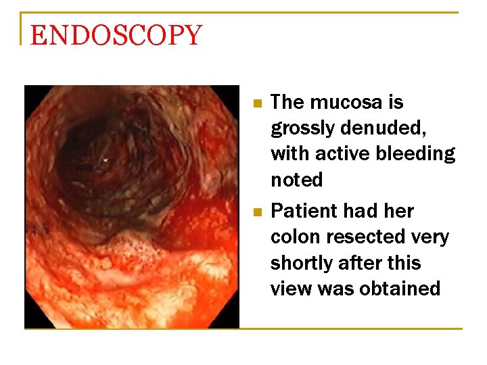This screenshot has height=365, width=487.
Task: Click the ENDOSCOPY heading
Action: point(116,35)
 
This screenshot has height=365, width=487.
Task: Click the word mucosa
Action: point(346,102)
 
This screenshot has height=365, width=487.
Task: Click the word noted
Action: point(296,180)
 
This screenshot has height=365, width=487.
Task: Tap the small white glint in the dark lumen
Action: point(105,160)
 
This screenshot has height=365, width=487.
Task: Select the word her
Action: point(396,211)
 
